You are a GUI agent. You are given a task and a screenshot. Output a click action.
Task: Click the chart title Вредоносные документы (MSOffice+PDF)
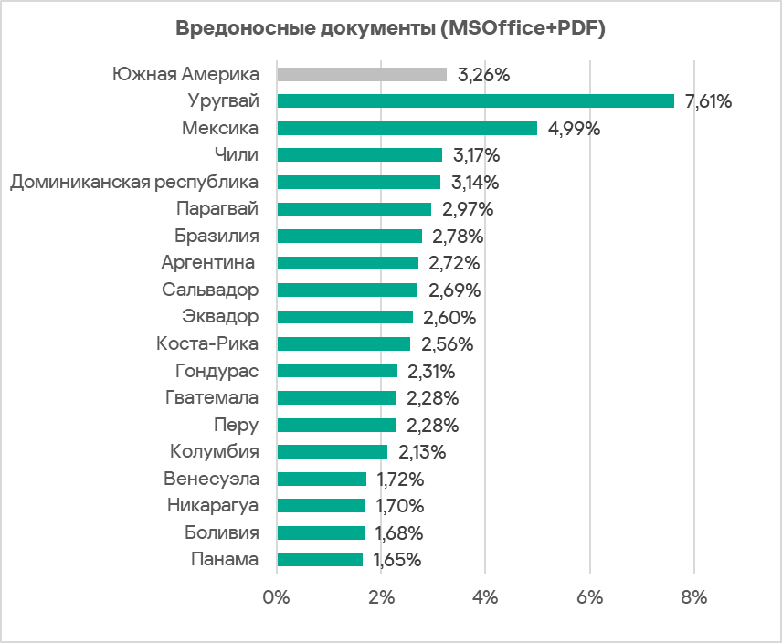[x=391, y=28]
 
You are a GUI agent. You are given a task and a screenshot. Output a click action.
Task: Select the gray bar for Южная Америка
[x=361, y=75]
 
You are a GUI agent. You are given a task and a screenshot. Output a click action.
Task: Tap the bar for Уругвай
[x=475, y=101]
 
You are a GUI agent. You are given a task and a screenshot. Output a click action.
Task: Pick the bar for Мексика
[x=407, y=129]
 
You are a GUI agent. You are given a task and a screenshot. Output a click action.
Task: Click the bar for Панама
[x=319, y=560]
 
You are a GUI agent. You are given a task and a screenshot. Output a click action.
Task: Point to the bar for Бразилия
[x=349, y=237]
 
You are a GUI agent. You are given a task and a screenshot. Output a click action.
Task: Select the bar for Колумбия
[x=332, y=452]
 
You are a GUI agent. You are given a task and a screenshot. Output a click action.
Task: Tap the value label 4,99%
[x=574, y=129]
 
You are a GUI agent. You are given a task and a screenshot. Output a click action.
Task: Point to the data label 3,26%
[x=483, y=75]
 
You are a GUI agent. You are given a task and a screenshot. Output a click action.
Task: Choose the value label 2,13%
[x=422, y=452]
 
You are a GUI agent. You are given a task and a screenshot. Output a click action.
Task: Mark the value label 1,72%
[x=400, y=480]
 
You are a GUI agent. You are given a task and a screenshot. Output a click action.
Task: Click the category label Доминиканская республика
[x=134, y=183]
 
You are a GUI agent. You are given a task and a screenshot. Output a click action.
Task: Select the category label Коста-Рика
[x=206, y=344]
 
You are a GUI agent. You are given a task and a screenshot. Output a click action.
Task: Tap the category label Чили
[x=236, y=155]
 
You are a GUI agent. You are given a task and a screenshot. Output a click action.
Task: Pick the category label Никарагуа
[x=213, y=506]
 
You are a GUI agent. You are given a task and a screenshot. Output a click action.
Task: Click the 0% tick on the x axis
[x=276, y=598]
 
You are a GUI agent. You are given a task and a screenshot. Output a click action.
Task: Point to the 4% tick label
[x=485, y=598]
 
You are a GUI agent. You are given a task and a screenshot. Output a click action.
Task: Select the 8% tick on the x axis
[x=694, y=598]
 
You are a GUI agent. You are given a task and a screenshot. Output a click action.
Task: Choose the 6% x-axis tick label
[x=590, y=598]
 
